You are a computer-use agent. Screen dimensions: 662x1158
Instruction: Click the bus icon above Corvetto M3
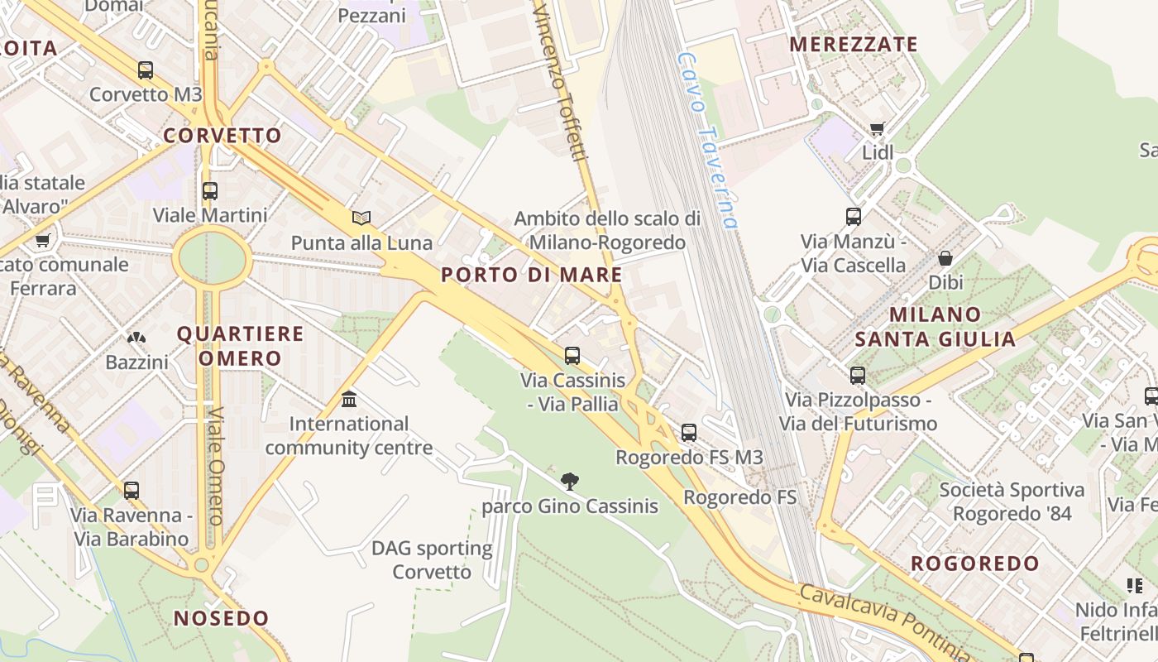tap(146, 70)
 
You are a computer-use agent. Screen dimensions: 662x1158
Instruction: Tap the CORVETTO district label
tap(223, 136)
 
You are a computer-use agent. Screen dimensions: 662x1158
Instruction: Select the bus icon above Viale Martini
tap(210, 191)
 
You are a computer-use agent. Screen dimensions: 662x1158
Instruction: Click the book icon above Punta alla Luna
tap(361, 218)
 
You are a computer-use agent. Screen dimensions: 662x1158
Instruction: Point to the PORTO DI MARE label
tap(532, 275)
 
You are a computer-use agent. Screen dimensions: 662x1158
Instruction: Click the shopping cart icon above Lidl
tap(878, 128)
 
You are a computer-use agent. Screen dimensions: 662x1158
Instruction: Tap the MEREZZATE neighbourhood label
tap(854, 45)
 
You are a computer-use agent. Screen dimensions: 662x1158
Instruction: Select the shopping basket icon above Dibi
tap(945, 258)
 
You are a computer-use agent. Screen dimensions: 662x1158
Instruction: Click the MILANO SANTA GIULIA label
tap(935, 327)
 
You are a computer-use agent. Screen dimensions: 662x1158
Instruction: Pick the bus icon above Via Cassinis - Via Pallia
tap(572, 356)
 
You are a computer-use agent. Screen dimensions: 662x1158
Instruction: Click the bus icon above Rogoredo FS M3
tap(689, 432)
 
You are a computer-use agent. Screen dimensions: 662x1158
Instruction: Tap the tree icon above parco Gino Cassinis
tap(569, 481)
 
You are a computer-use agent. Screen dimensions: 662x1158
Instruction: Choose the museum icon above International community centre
tap(349, 400)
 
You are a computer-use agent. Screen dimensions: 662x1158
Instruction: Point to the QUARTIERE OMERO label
tap(241, 346)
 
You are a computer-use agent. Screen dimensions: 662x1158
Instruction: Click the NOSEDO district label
tap(222, 618)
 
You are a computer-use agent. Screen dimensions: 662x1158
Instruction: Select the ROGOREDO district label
tap(975, 564)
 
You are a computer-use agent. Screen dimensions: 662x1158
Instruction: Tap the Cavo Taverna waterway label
tap(706, 141)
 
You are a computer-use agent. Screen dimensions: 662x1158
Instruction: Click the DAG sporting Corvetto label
tap(432, 560)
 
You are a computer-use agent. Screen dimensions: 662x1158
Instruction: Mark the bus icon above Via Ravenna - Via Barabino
tap(132, 490)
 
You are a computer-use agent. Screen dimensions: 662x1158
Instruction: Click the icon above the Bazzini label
tap(136, 338)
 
